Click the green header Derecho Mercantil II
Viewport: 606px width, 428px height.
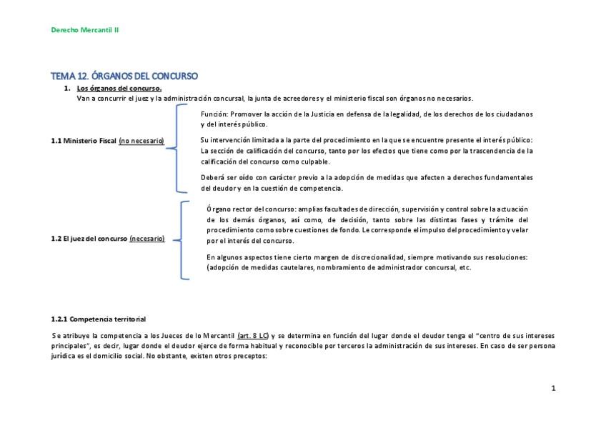pos(89,30)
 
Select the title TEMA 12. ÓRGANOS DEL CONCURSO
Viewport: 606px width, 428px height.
pos(124,76)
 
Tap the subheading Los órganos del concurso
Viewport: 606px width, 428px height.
pos(119,89)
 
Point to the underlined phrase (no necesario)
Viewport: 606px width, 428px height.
pos(141,141)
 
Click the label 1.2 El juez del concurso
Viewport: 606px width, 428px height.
pos(89,239)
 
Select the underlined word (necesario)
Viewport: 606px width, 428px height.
pos(147,239)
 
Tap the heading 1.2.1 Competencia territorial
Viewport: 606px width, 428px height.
pos(99,318)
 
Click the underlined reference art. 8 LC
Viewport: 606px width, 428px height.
pos(254,335)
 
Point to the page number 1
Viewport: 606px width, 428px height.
pos(553,388)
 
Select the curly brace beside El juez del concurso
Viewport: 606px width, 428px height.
pos(184,239)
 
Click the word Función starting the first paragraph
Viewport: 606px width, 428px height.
pos(214,114)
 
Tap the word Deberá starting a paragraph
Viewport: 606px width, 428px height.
pos(214,177)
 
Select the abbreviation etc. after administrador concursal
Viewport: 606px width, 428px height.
pos(465,267)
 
